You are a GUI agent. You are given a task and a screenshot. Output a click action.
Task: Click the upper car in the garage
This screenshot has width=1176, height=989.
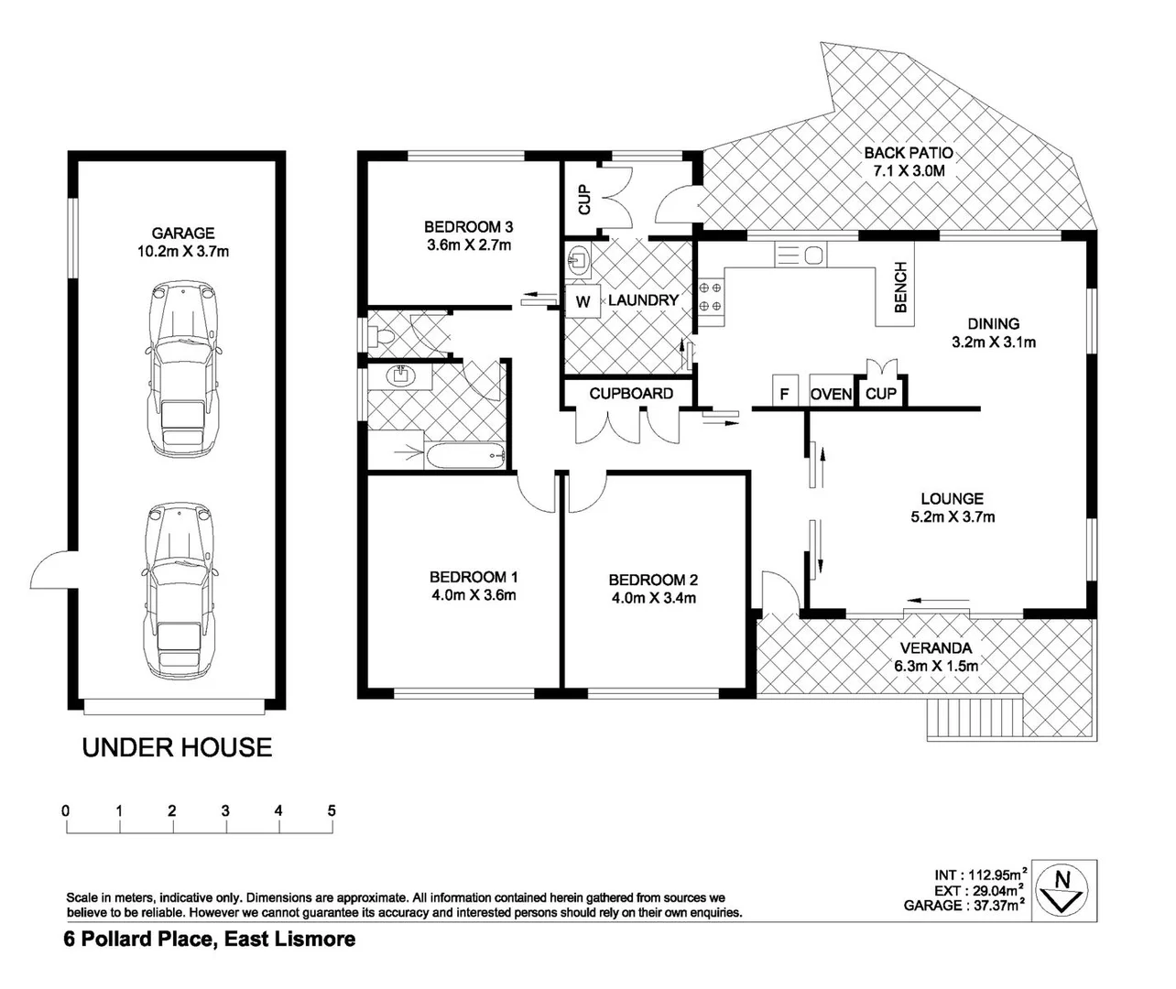tap(183, 371)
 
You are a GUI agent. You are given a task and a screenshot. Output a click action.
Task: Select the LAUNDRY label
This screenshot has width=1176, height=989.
tap(643, 300)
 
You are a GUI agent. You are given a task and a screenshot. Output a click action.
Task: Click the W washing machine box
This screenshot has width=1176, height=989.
tap(583, 302)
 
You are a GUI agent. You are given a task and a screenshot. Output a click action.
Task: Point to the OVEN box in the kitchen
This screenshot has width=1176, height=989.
tap(832, 394)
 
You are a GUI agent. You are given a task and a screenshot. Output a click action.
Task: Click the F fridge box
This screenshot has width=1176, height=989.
tap(784, 394)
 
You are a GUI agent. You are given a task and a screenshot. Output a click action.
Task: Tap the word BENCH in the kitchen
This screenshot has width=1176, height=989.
tap(900, 288)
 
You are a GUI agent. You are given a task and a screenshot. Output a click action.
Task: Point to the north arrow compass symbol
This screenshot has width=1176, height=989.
tap(1063, 887)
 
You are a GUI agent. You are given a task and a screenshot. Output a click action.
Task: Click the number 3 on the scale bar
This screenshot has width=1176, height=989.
tap(225, 810)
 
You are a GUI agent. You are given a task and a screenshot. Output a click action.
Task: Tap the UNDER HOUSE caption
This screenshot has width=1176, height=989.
tap(177, 748)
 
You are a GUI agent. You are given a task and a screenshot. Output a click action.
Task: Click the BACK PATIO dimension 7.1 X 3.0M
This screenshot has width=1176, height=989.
tap(909, 171)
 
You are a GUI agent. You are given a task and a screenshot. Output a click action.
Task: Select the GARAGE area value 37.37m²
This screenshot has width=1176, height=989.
tap(995, 906)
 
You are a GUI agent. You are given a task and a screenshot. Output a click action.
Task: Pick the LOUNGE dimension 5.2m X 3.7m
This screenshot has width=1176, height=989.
tap(953, 516)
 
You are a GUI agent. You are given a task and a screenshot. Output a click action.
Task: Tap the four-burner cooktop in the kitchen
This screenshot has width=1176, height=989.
tap(711, 298)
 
